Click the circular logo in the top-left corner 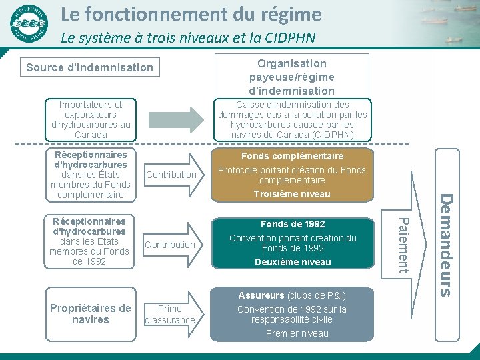tap(29, 23)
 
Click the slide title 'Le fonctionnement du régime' tap(191, 14)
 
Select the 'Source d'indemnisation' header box tap(89, 67)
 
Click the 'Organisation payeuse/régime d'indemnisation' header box tap(291, 77)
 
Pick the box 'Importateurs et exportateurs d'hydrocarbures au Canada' tap(91, 119)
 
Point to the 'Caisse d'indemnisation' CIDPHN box tap(292, 119)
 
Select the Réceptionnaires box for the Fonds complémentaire tap(91, 175)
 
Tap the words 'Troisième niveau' tap(292, 194)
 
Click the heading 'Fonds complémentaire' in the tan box tap(292, 156)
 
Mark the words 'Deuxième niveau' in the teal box tap(292, 262)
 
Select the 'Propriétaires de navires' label tap(91, 314)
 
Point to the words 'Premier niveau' tap(297, 333)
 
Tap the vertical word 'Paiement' tap(401, 243)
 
